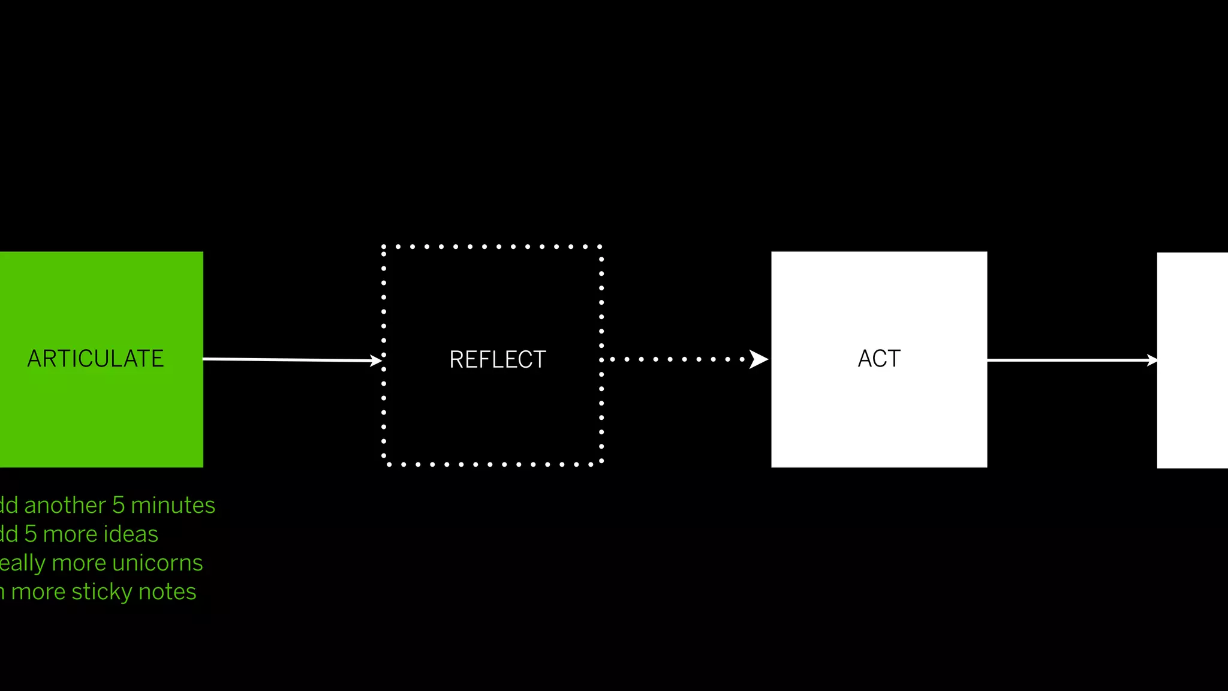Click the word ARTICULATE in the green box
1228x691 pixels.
[95, 359]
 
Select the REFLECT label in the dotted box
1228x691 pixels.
[498, 360]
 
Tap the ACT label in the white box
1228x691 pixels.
[879, 359]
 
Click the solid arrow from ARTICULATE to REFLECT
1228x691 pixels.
[288, 360]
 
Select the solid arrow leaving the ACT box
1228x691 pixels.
[1067, 360]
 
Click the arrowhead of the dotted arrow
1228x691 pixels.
[759, 359]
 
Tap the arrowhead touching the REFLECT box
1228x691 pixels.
[376, 360]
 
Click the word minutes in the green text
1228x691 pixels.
[173, 505]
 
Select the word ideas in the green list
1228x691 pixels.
[129, 534]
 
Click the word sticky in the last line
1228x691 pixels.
[102, 592]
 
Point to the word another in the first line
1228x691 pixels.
[65, 505]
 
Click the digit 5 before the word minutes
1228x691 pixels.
[118, 505]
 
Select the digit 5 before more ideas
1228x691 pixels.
[31, 534]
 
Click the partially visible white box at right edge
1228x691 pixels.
[1192, 360]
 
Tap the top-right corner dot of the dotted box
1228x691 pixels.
[600, 247]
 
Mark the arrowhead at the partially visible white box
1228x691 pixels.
[1152, 360]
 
